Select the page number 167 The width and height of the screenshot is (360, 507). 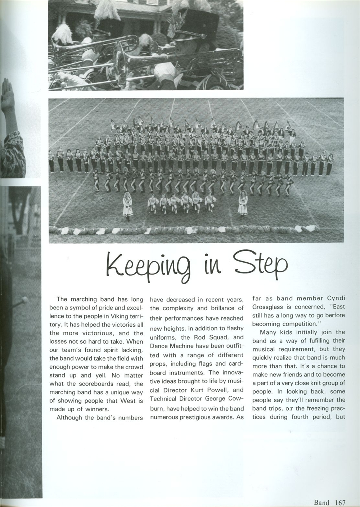point(339,502)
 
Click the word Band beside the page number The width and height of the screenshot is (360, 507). point(321,502)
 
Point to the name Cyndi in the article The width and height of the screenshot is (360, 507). point(336,298)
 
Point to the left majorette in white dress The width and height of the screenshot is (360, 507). point(126,205)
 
